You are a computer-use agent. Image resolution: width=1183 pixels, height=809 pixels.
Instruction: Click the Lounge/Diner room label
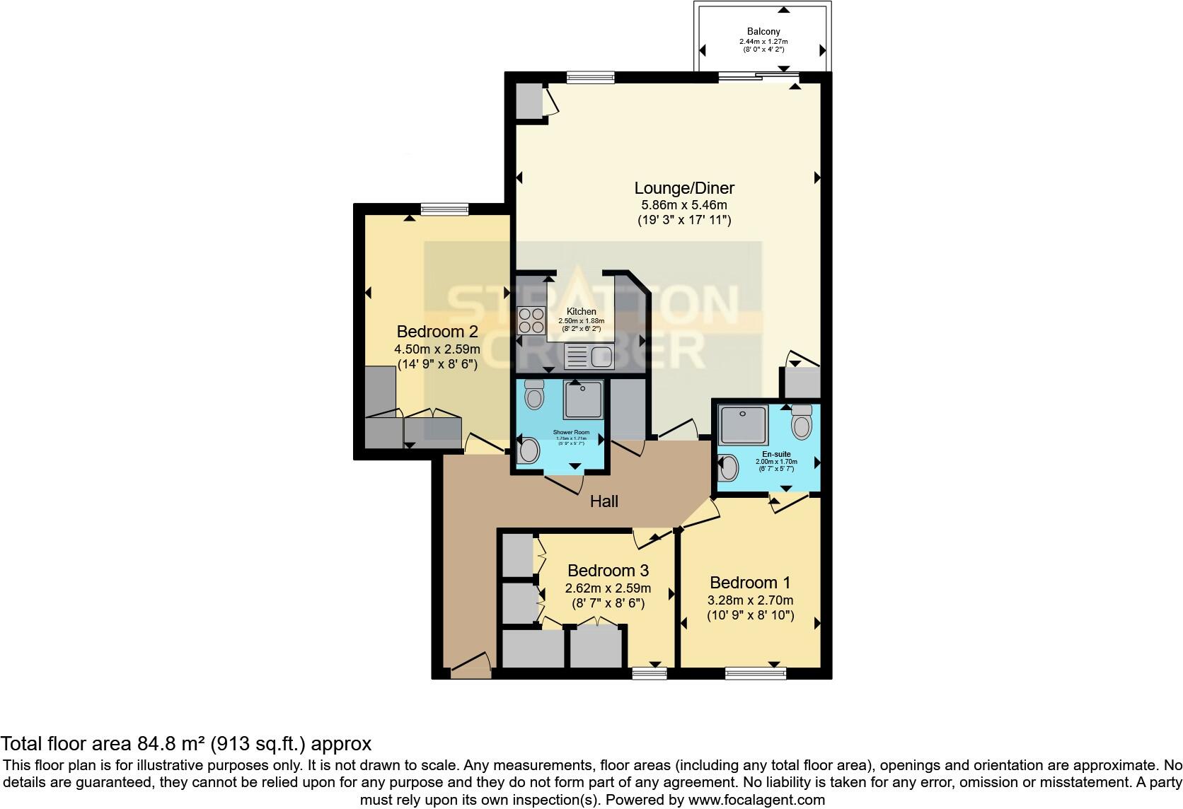683,188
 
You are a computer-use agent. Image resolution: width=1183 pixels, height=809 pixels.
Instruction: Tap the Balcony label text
763,31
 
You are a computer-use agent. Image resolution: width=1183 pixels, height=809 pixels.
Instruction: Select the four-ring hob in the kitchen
531,320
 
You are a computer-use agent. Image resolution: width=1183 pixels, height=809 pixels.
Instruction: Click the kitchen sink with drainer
588,356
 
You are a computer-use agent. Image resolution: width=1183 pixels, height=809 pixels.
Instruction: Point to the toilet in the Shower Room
534,394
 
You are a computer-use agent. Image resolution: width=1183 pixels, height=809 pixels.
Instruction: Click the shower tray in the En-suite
743,424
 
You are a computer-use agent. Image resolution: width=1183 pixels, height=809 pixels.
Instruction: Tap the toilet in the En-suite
802,422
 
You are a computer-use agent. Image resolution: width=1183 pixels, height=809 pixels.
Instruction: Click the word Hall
604,501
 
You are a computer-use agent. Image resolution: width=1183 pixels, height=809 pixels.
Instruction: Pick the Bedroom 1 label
749,583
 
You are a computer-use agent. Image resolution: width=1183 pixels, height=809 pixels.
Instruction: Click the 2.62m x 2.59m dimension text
608,588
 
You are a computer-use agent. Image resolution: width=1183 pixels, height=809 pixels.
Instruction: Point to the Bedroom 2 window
444,209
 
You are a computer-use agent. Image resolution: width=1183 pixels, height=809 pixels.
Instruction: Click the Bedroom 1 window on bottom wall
754,673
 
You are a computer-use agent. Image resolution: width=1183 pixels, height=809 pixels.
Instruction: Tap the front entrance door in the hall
468,668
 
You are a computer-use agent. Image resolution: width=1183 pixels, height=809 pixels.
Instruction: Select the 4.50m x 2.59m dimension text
437,349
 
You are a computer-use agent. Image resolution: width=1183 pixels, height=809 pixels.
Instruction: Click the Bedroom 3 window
649,673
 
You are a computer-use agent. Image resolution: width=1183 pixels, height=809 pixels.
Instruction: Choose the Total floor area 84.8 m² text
185,744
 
